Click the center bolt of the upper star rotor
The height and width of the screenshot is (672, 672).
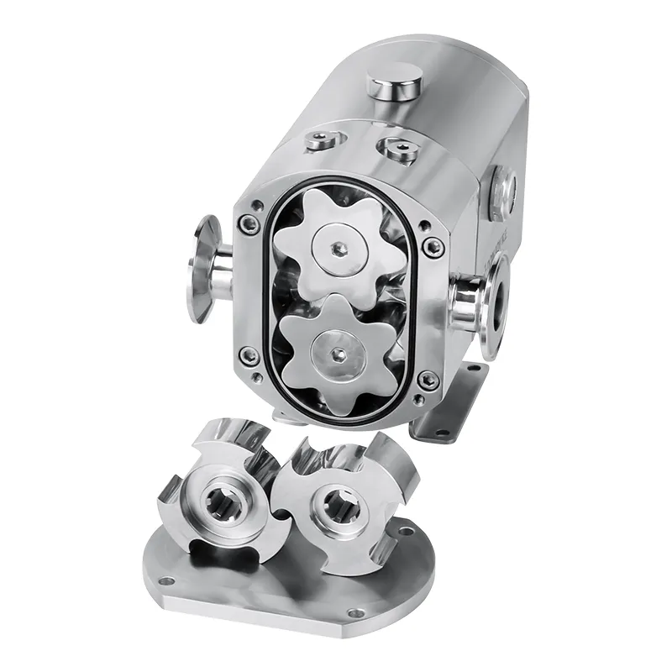pyautogui.click(x=339, y=247)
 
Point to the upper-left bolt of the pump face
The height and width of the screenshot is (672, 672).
pyautogui.click(x=248, y=223)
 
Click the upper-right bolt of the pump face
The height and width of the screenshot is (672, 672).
pyautogui.click(x=433, y=247)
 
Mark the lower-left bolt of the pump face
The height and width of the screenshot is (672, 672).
pyautogui.click(x=249, y=356)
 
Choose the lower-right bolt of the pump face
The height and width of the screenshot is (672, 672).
pyautogui.click(x=429, y=381)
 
